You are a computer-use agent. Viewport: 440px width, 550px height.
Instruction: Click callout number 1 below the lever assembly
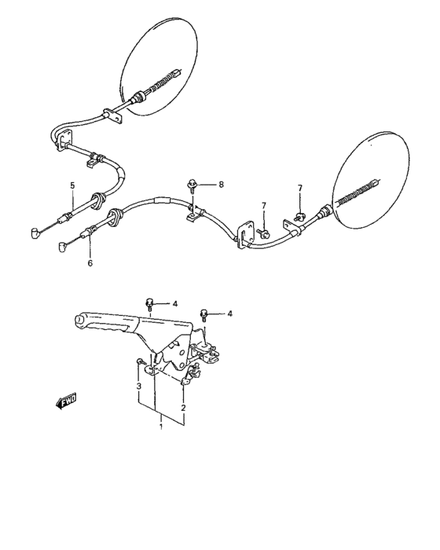point(161,427)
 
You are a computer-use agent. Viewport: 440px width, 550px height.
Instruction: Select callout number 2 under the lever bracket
point(183,408)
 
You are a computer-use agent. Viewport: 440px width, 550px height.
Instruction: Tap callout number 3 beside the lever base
point(138,387)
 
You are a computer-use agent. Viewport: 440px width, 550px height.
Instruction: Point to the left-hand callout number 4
point(175,303)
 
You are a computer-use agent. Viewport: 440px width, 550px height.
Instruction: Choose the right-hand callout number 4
point(229,313)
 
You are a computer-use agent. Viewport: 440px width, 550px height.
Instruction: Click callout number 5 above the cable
point(71,186)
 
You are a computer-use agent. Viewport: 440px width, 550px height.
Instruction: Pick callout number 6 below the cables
point(90,263)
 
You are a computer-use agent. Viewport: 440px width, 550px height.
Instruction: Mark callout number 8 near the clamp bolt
point(221,185)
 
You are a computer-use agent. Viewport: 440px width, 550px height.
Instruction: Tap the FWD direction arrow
point(66,401)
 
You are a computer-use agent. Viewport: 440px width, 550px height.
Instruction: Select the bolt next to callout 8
point(192,185)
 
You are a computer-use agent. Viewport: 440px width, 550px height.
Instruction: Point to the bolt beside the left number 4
point(149,303)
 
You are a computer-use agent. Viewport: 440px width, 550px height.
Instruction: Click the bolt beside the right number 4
point(205,313)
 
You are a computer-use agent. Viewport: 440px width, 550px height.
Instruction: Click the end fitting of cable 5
point(34,233)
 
